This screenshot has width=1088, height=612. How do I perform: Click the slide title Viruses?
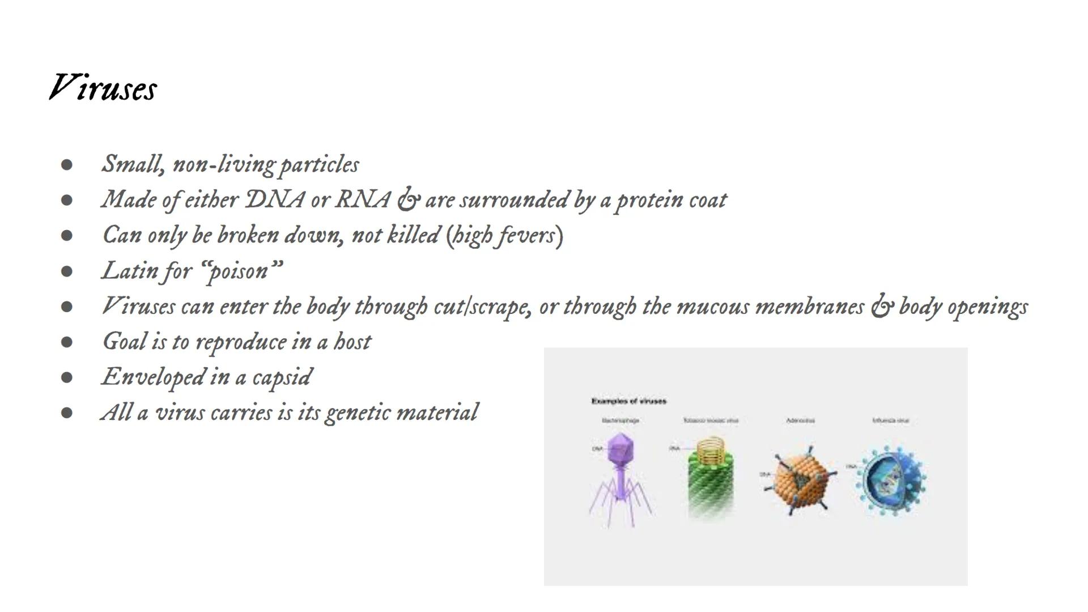(103, 88)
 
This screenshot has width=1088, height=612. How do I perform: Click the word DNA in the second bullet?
(274, 199)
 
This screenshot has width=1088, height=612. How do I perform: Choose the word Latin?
(130, 270)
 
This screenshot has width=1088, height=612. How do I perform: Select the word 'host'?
(352, 342)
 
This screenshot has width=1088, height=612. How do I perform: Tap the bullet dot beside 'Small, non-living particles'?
(67, 165)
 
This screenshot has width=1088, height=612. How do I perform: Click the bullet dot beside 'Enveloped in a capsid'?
(67, 377)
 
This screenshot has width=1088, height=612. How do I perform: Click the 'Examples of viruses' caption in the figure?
(628, 401)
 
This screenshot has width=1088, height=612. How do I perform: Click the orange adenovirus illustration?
(800, 479)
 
